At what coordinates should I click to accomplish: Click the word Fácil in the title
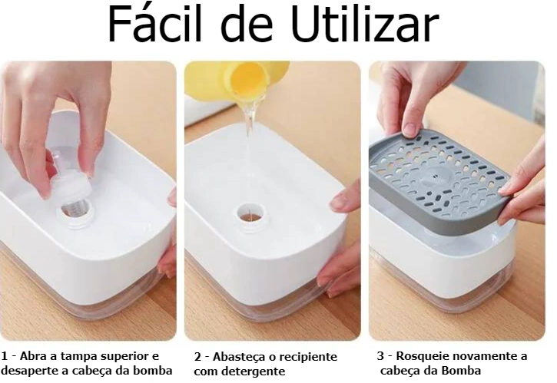point(154,24)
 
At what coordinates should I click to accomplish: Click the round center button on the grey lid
point(435,176)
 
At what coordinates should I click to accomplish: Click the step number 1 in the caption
point(5,356)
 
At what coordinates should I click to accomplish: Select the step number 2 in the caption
point(197,357)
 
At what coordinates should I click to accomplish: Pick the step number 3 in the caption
point(380,355)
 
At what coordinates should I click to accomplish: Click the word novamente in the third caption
point(482,356)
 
